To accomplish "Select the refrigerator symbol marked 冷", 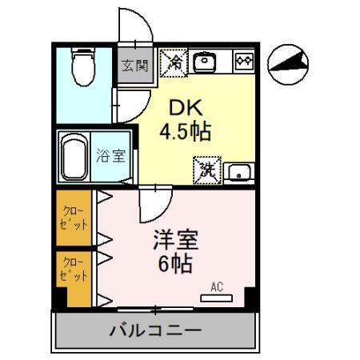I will tap(174, 62).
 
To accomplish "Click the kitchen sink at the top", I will tap(206, 62).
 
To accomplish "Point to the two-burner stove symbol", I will tap(243, 62).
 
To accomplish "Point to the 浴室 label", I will tap(111, 156).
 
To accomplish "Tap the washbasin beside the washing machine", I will tap(237, 170).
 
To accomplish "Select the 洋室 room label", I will tap(175, 240).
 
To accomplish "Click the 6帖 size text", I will tap(176, 265).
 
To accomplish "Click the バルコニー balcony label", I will tap(156, 330).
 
